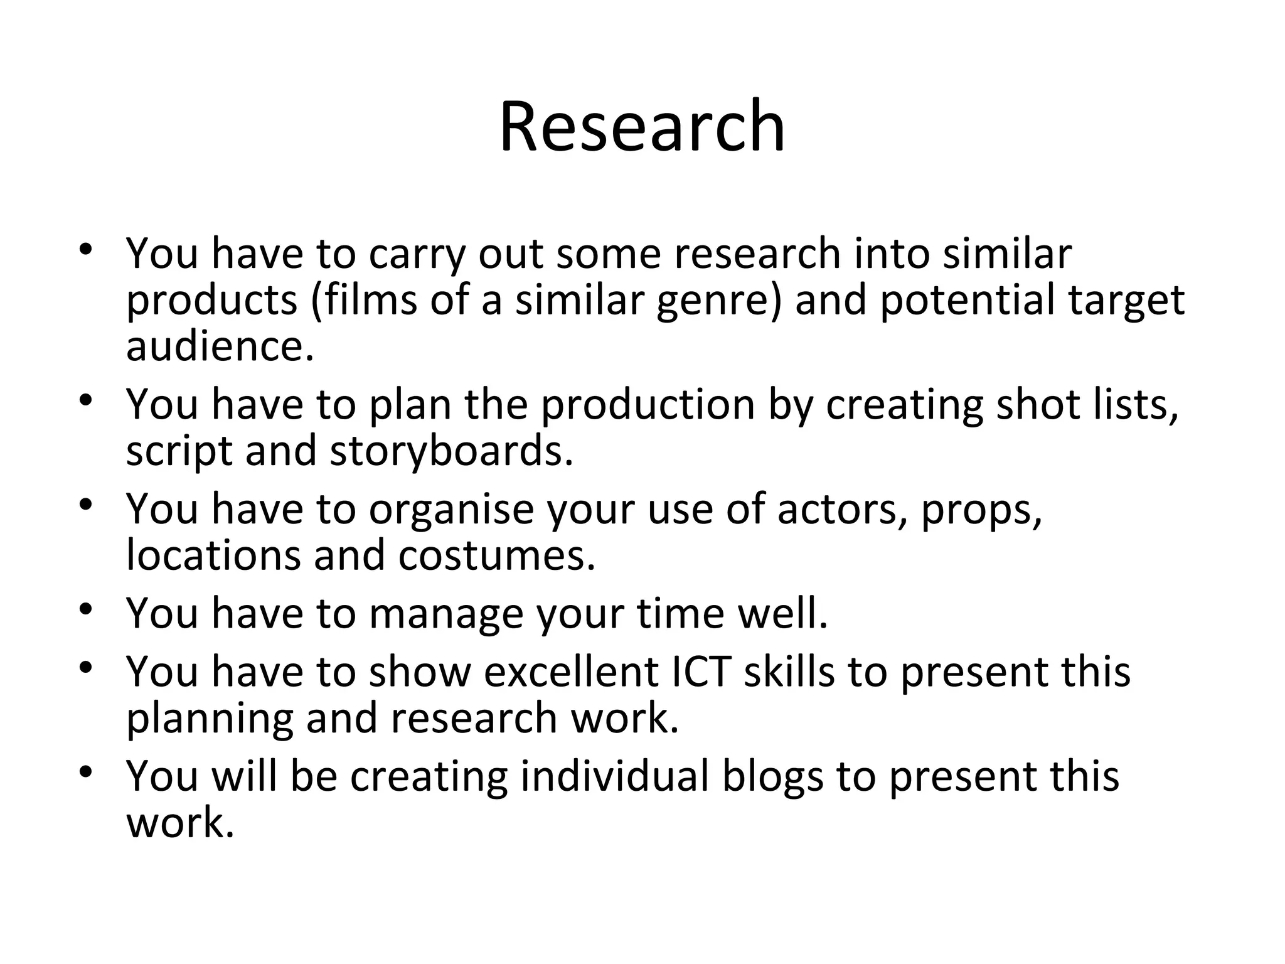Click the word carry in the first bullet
417,254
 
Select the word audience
219,346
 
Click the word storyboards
451,451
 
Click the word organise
451,509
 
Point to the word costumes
496,555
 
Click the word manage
445,613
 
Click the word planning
210,719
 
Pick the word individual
614,776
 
